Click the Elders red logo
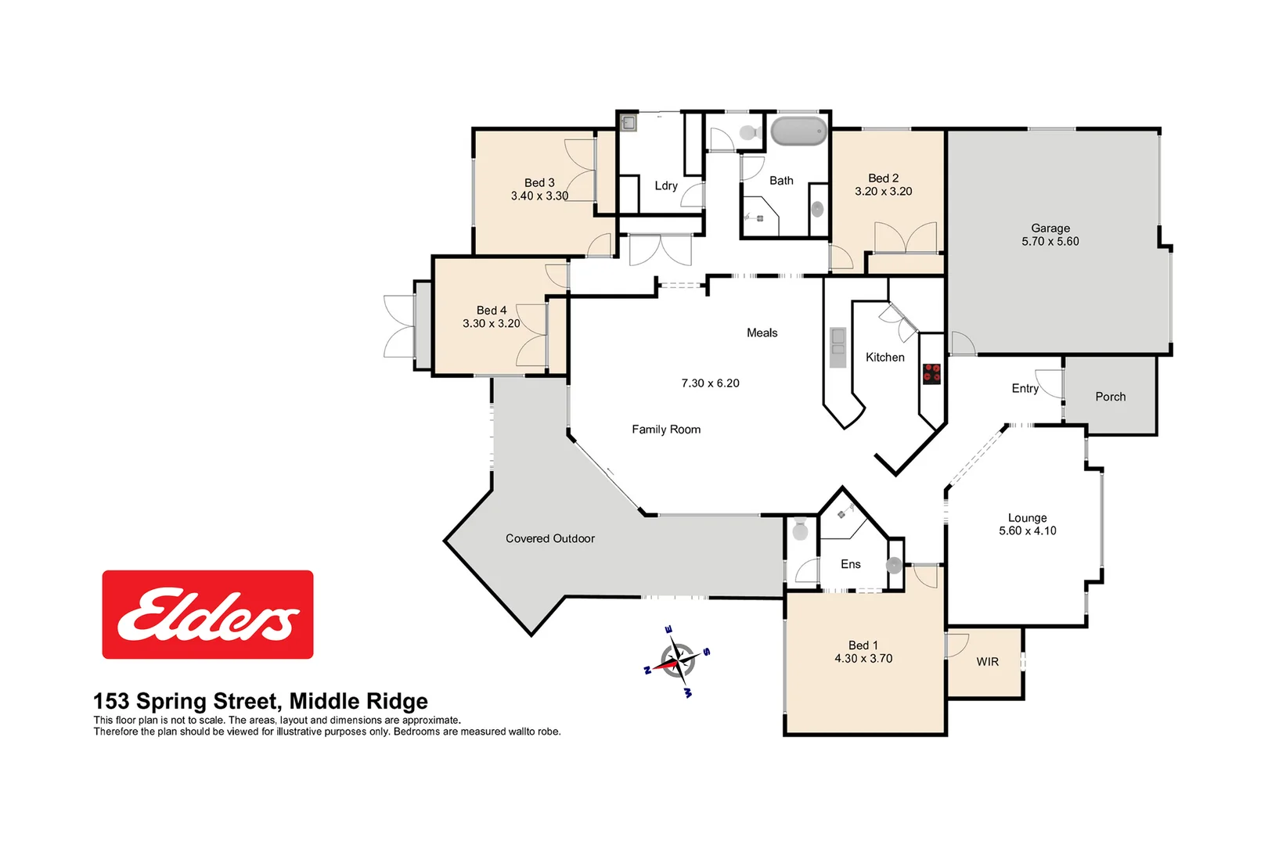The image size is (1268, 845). pyautogui.click(x=207, y=614)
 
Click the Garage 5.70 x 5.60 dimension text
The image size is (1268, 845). pyautogui.click(x=1050, y=242)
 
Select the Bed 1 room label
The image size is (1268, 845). pyautogui.click(x=863, y=645)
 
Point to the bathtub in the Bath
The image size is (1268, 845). pyautogui.click(x=798, y=131)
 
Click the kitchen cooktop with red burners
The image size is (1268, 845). pyautogui.click(x=931, y=373)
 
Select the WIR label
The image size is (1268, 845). pyautogui.click(x=987, y=662)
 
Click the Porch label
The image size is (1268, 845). pyautogui.click(x=1110, y=397)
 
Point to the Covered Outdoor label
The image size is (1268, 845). pyautogui.click(x=549, y=538)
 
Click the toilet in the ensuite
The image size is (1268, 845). pyautogui.click(x=800, y=530)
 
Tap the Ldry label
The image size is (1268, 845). pyautogui.click(x=665, y=185)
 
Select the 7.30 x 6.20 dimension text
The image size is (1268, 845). pyautogui.click(x=710, y=383)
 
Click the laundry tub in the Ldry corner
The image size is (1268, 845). pyautogui.click(x=628, y=122)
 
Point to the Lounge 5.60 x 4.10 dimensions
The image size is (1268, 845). pyautogui.click(x=1027, y=530)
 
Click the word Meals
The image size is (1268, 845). pyautogui.click(x=762, y=333)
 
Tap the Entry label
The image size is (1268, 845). pyautogui.click(x=1025, y=388)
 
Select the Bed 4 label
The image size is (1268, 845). pyautogui.click(x=491, y=310)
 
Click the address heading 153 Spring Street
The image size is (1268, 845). pyautogui.click(x=260, y=700)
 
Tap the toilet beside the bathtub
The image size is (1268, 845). pyautogui.click(x=749, y=132)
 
